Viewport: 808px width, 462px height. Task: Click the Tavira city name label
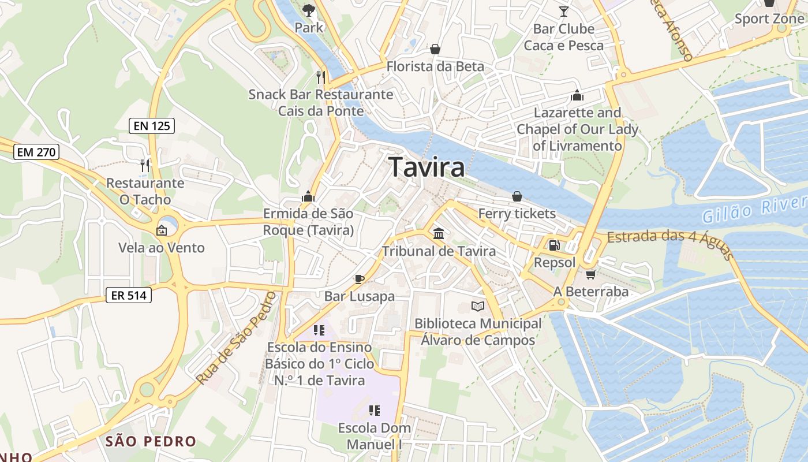pos(427,167)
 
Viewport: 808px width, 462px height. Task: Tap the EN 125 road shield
pos(151,125)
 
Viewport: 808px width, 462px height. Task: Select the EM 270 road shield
pos(36,152)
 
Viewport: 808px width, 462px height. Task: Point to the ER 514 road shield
pos(129,296)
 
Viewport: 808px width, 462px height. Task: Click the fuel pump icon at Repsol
pos(553,245)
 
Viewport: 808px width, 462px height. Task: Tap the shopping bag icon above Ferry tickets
pos(517,196)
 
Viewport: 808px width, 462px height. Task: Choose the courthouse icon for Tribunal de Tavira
pos(439,234)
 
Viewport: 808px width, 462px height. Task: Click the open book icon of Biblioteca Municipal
pos(478,306)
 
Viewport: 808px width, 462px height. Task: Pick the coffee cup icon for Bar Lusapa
pos(360,280)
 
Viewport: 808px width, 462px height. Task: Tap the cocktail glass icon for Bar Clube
pos(564,11)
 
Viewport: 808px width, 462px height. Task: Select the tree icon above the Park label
pos(309,10)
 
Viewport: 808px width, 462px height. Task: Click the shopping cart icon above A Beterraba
pos(590,274)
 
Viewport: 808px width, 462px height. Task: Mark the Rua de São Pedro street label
pos(236,338)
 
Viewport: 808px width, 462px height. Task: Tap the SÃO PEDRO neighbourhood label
pos(151,442)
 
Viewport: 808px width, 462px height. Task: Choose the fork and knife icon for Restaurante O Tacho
pos(144,166)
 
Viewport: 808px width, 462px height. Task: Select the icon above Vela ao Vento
pos(162,230)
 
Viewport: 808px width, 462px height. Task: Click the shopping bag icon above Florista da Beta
pos(435,49)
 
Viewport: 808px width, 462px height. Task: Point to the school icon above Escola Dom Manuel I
pos(375,411)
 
